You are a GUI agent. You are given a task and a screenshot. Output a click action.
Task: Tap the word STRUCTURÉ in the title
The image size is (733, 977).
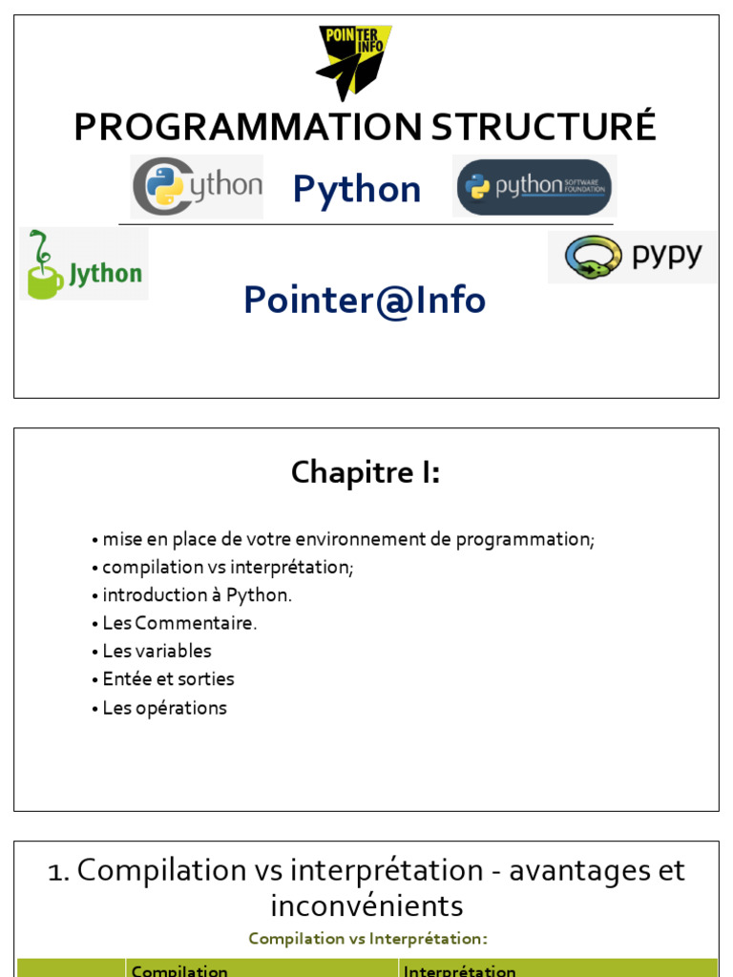tap(543, 127)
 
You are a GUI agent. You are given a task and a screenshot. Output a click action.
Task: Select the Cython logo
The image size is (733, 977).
tap(197, 186)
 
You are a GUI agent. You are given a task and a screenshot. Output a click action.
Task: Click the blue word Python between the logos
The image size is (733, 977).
tap(357, 189)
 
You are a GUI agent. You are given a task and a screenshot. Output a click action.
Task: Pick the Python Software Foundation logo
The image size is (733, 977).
tap(534, 186)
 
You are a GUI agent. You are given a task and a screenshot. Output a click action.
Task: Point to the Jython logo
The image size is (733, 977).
tap(84, 264)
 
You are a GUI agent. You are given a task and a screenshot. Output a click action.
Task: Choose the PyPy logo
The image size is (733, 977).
tap(632, 257)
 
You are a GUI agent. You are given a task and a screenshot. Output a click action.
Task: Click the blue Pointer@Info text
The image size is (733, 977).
tap(365, 300)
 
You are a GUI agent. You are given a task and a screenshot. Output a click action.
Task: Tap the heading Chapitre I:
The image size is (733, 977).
tap(366, 471)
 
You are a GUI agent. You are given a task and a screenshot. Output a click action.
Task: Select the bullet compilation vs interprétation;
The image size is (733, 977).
tap(227, 567)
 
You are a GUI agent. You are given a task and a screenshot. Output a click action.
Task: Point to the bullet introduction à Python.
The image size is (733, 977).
tap(197, 594)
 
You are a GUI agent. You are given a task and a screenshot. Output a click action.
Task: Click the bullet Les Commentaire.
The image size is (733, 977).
tap(179, 623)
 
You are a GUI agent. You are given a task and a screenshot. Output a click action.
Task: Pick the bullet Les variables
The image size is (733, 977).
tap(157, 651)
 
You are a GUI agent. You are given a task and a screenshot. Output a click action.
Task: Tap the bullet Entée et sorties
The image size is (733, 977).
tap(168, 679)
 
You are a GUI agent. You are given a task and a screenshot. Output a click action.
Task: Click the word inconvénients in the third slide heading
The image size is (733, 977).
tap(366, 904)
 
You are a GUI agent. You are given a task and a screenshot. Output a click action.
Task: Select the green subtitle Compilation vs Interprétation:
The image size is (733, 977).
tap(367, 939)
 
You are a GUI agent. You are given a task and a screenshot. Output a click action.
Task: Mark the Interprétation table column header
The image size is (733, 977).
tap(460, 970)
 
